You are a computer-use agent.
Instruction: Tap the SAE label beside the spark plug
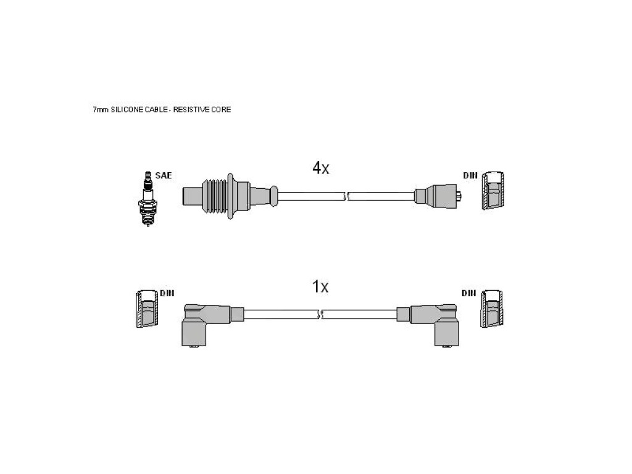click(163, 175)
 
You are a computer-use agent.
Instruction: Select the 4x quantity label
click(321, 168)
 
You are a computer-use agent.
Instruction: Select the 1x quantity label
click(320, 286)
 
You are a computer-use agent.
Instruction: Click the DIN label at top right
click(470, 175)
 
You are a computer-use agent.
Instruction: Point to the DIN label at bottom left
click(167, 293)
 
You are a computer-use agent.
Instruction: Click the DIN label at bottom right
click(469, 293)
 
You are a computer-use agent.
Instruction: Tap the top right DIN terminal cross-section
click(493, 191)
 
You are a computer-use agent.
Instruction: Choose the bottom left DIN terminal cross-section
click(147, 309)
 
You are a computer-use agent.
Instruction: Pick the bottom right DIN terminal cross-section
click(492, 309)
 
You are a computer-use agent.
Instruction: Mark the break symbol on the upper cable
click(346, 197)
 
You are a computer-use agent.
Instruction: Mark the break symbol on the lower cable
click(320, 314)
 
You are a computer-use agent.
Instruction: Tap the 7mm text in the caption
click(101, 110)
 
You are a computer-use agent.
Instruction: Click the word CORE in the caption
click(222, 110)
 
